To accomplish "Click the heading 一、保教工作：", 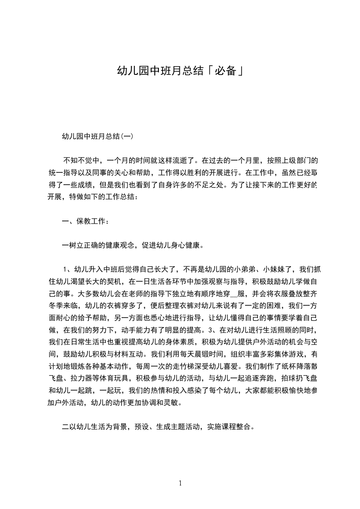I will click(85, 221).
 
